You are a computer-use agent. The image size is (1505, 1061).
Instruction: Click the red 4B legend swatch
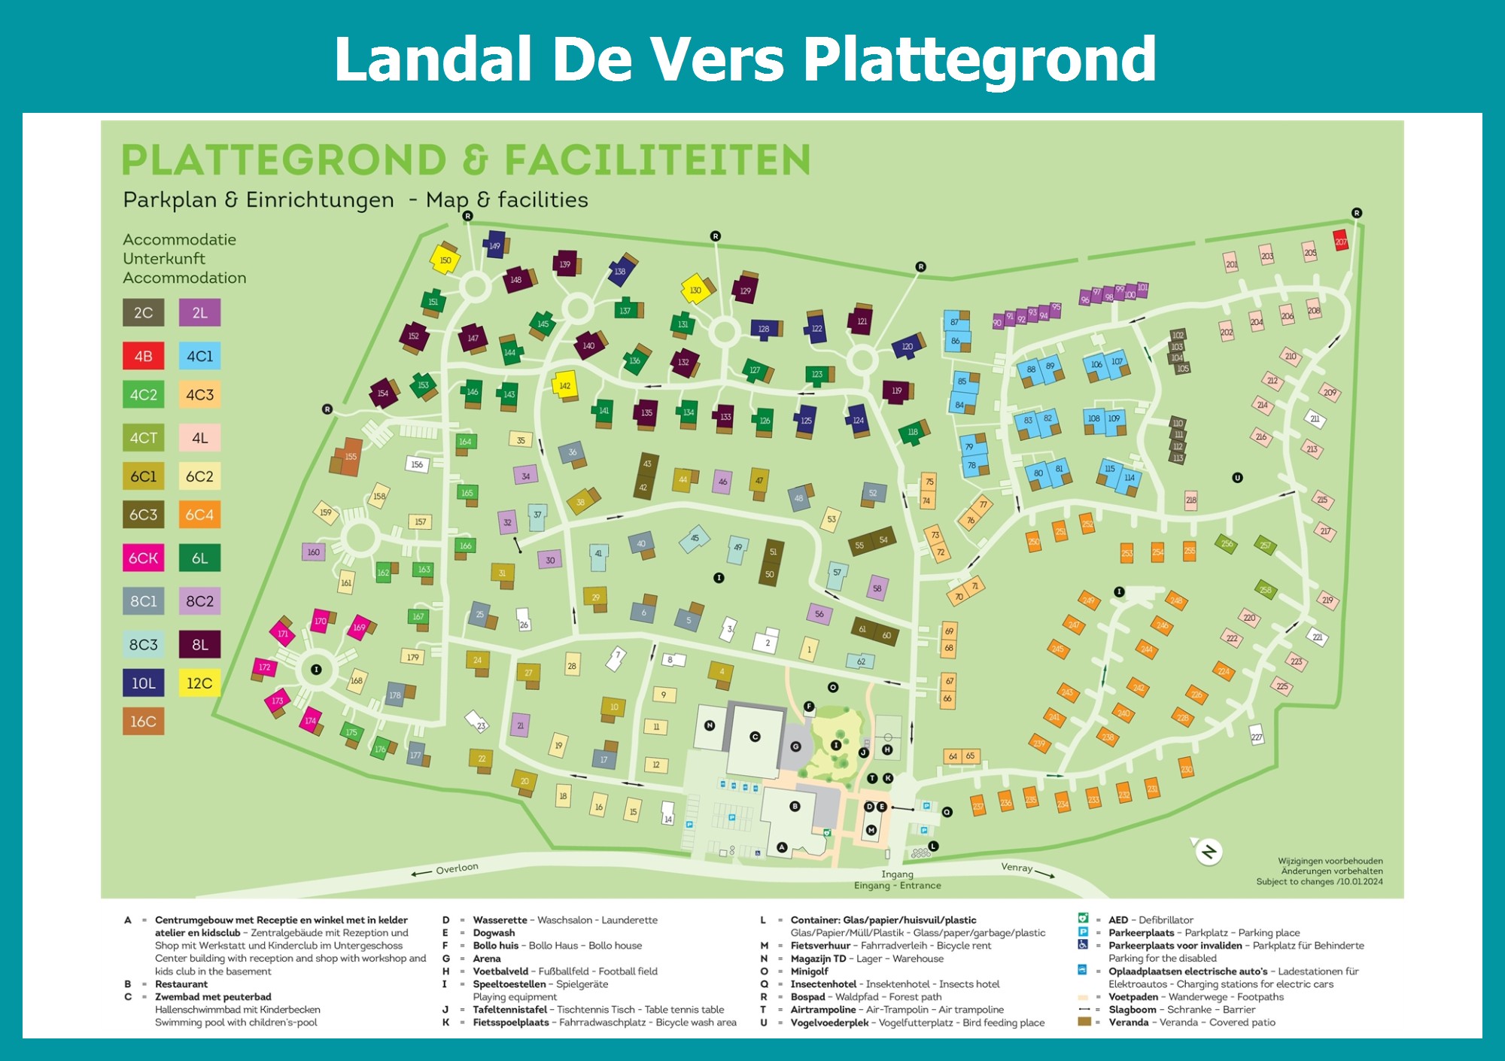pos(143,356)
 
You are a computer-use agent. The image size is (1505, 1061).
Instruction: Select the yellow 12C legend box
pos(199,683)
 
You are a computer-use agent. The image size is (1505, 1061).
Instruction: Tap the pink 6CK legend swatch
pos(143,558)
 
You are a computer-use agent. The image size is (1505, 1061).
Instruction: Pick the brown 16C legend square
pos(143,722)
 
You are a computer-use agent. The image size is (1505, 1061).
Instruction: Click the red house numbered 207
pos(1340,242)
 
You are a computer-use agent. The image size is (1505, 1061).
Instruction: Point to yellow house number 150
pos(445,260)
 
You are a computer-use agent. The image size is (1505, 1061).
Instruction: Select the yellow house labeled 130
pos(695,290)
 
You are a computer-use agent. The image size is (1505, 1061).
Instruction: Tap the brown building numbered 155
pos(349,457)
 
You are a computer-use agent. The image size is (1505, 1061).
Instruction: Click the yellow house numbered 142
pos(564,385)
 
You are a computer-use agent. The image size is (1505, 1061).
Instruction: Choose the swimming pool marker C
pos(755,737)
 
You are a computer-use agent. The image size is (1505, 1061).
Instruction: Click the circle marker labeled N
pos(709,725)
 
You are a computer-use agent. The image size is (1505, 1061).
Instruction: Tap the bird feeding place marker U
pos(1237,478)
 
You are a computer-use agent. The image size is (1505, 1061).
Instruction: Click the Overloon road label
pos(456,868)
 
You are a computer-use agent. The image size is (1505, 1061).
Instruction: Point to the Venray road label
pos(1017,868)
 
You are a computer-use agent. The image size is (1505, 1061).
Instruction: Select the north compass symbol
pos(1209,852)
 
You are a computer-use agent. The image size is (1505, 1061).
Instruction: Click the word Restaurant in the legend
pos(181,984)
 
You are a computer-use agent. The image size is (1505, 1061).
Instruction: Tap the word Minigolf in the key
pos(809,971)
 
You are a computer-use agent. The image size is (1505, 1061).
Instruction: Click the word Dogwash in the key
pos(494,933)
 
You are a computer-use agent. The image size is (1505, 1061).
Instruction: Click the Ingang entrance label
pos(897,874)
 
